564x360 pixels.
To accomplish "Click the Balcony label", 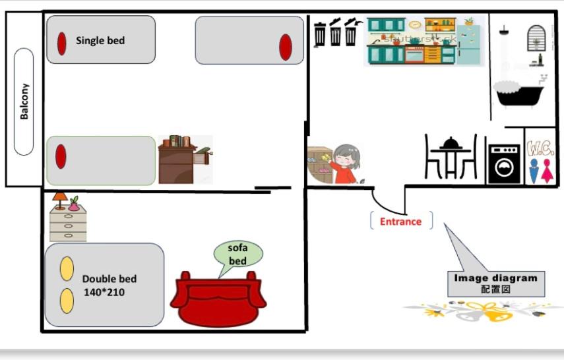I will [24, 101].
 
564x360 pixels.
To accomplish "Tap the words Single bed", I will [100, 40].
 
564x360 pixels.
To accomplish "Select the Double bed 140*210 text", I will [109, 285].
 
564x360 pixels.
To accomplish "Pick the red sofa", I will [218, 300].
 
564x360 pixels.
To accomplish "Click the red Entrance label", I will [400, 222].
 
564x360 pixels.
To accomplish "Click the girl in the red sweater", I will [344, 164].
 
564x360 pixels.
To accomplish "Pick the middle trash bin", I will [336, 34].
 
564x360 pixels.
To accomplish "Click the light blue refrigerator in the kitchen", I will [469, 42].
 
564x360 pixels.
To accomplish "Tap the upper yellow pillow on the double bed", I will [67, 268].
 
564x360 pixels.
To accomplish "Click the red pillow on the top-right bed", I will [286, 47].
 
